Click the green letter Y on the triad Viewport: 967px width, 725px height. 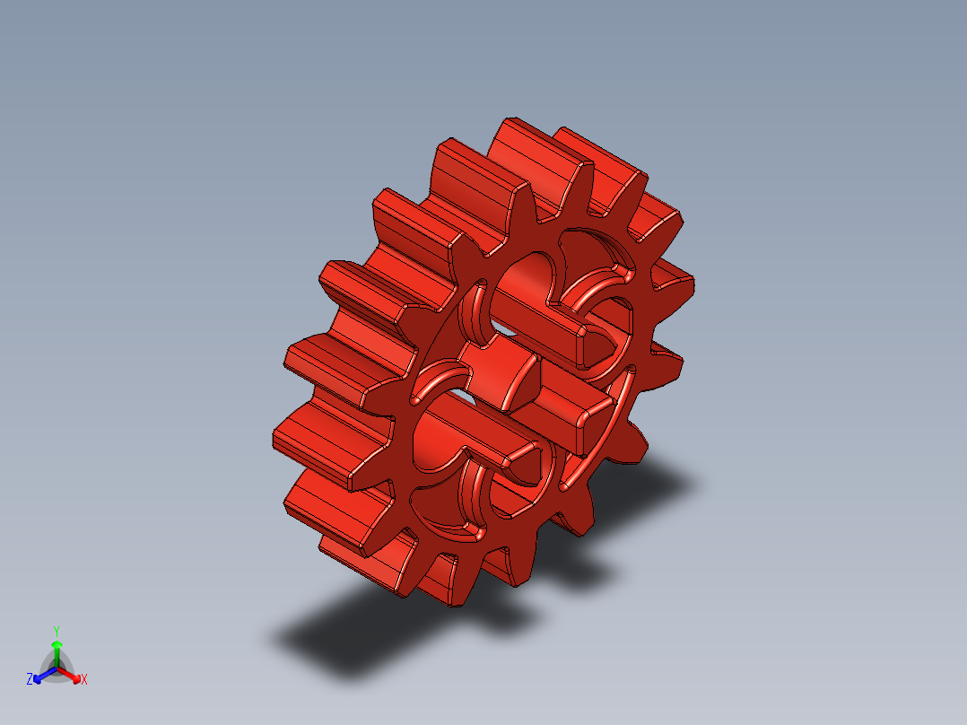click(x=57, y=630)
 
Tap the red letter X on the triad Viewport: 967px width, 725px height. click(x=84, y=679)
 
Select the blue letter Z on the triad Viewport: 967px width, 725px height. click(x=30, y=679)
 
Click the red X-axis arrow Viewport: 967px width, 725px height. click(x=73, y=674)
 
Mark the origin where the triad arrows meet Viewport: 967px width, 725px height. click(x=57, y=667)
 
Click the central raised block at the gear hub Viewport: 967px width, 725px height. click(x=502, y=377)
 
